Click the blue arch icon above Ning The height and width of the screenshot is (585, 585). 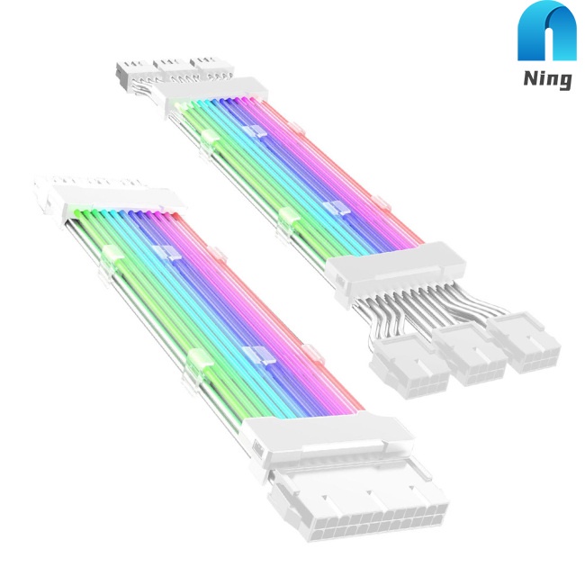(x=544, y=37)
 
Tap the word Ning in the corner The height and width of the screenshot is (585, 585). (x=544, y=79)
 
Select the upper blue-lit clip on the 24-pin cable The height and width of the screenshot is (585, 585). (x=162, y=254)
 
